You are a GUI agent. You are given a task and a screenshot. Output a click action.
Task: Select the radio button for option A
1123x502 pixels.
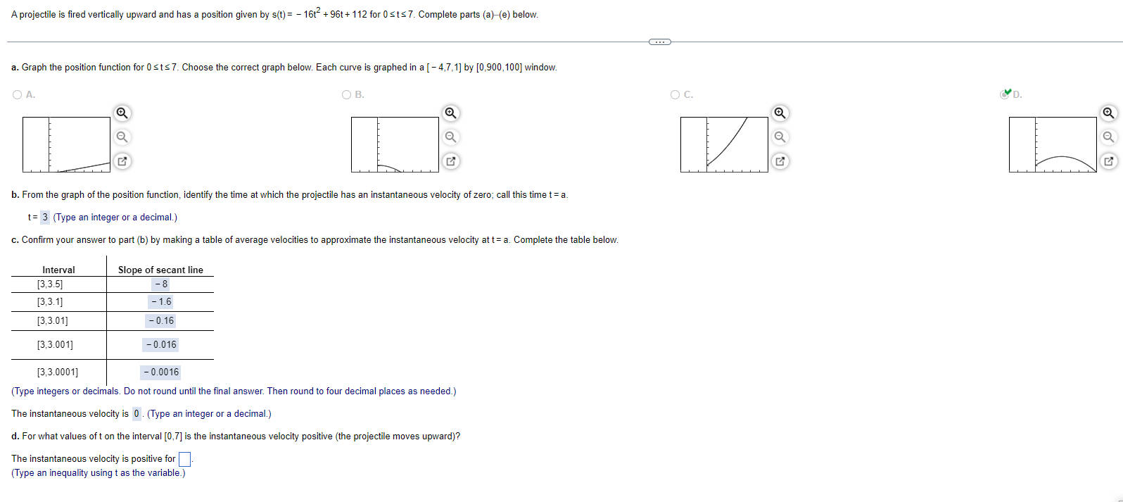click(17, 94)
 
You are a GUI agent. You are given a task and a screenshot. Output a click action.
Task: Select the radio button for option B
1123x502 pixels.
click(346, 94)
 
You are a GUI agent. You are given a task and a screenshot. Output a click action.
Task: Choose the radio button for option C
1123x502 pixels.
click(675, 94)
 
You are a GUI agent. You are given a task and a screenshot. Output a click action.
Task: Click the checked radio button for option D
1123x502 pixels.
click(1005, 94)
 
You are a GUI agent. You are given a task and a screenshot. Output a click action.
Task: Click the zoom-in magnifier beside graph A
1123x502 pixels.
click(122, 113)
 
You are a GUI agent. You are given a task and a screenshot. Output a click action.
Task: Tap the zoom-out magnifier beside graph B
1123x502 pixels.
click(451, 137)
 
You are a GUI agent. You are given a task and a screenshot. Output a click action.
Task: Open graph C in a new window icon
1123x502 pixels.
click(780, 161)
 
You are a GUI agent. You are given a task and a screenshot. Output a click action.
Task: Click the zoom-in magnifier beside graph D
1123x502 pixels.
click(1108, 113)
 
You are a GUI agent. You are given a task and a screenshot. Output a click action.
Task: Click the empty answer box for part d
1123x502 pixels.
click(184, 459)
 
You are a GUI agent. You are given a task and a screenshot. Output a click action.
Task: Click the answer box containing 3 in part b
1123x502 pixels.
click(45, 217)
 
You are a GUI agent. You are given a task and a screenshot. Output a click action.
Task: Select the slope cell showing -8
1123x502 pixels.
click(160, 284)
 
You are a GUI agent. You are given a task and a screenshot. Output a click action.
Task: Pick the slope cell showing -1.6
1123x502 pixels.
click(160, 302)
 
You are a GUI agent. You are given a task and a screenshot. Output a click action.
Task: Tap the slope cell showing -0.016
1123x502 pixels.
click(160, 345)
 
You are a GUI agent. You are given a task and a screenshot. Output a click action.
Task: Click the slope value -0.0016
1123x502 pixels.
click(160, 372)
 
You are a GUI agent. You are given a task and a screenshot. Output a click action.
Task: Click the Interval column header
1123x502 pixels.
click(58, 270)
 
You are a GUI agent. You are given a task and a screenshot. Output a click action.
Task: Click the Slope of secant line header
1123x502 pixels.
click(160, 270)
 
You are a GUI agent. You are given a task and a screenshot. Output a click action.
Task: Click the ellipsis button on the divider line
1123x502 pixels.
click(659, 42)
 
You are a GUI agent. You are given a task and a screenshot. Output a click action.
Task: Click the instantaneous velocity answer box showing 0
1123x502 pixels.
click(137, 414)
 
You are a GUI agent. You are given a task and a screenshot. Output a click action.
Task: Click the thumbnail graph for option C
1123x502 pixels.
click(724, 144)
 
